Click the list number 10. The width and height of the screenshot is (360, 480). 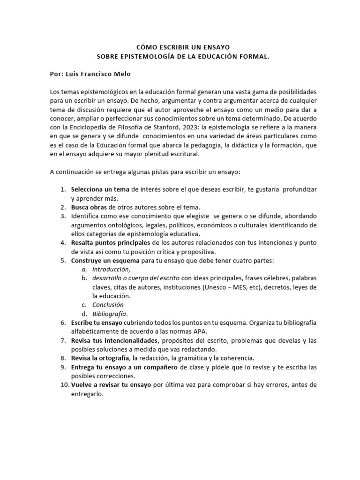[64, 384]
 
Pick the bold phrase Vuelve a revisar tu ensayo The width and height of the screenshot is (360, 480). [111, 384]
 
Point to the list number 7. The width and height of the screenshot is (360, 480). [64, 340]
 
